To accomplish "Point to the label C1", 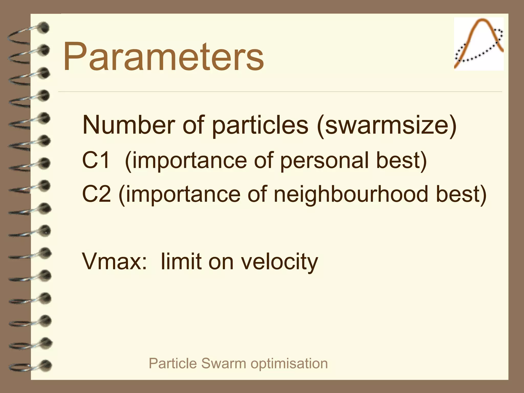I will [96, 160].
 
